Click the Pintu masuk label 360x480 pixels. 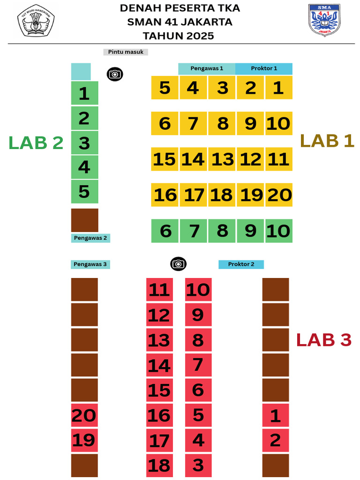tap(126, 52)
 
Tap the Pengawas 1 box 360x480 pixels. tap(207, 68)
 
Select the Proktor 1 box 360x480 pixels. tap(264, 68)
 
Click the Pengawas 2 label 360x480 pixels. tap(90, 238)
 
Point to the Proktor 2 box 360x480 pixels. tap(241, 264)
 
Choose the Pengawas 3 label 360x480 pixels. tap(90, 264)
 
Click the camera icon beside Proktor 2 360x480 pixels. tap(179, 264)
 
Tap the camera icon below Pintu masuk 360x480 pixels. tap(115, 74)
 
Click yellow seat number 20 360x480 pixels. tap(279, 195)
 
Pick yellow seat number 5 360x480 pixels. tap(165, 88)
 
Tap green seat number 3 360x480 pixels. tap(85, 142)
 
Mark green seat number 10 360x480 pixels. tap(279, 231)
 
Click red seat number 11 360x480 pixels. tap(159, 290)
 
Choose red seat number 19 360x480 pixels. tap(84, 441)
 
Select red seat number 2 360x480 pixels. tap(276, 441)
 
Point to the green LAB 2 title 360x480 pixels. tap(36, 142)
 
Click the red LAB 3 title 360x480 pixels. tap(324, 340)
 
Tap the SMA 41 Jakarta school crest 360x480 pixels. tap(324, 20)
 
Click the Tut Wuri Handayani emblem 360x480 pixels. tap(36, 21)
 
